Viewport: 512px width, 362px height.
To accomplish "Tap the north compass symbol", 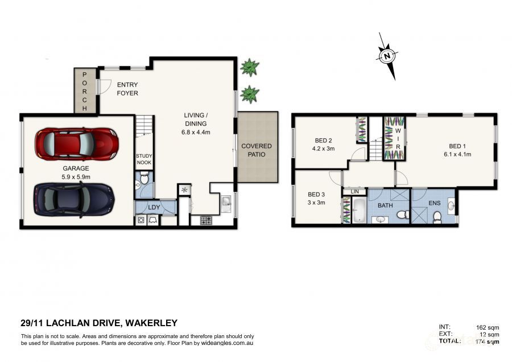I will click(387, 56).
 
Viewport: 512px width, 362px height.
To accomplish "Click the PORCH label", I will click(85, 91).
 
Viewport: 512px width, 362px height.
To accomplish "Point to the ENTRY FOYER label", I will click(127, 89).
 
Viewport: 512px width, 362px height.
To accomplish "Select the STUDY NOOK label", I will click(143, 159).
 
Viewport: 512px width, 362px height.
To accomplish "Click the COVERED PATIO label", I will click(257, 150).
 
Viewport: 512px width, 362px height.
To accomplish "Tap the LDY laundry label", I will click(154, 207).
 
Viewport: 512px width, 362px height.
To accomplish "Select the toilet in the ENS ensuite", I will click(436, 216).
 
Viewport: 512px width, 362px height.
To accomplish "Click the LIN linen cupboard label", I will click(354, 192).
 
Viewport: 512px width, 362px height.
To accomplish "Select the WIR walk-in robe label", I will click(398, 138).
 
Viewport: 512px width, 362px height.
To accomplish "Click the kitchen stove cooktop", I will click(206, 219).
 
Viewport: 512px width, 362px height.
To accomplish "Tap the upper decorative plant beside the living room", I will click(249, 68).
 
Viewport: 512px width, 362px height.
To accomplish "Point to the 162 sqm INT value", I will click(487, 327).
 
